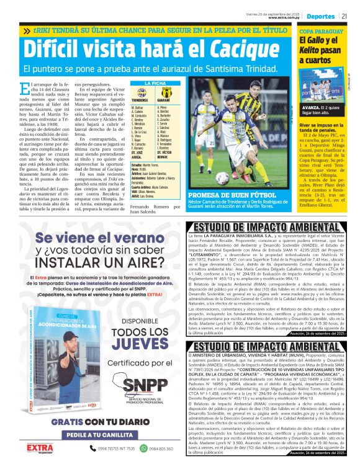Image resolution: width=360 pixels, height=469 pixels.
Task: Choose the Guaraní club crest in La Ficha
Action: click(164, 93)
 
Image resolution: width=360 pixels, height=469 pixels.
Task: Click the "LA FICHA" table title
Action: click(152, 83)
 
